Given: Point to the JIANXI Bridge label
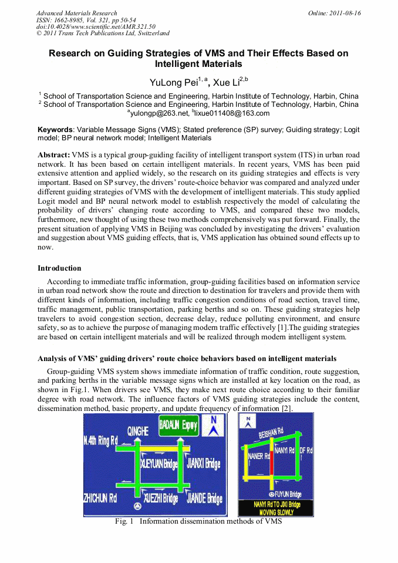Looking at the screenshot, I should (203, 464).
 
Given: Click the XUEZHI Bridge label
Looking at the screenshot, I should (160, 498).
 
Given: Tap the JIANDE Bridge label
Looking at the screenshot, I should (204, 498).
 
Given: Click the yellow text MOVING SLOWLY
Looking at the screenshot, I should (276, 512).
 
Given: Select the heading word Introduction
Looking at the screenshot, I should (59, 268).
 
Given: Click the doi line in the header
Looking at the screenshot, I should (96, 27).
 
